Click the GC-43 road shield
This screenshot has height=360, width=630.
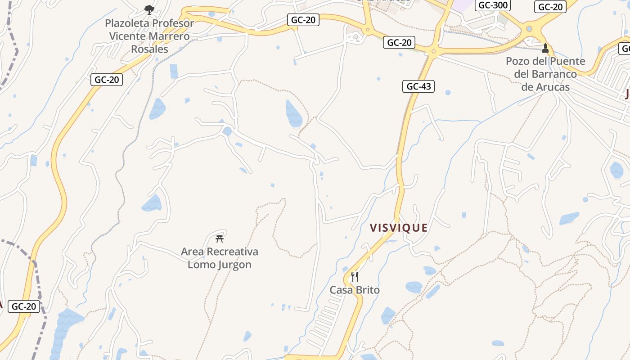coord(418,86)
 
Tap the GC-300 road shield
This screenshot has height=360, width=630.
coord(493,5)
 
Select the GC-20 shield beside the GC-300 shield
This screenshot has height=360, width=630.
coord(550,7)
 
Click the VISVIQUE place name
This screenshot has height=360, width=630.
coord(398,228)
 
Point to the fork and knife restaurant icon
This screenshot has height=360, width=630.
coord(355,276)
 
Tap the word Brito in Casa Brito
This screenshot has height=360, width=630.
coord(367,290)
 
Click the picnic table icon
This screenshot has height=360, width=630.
coord(220,238)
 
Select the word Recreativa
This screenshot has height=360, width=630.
coord(232,252)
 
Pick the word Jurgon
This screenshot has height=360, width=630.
coord(234,265)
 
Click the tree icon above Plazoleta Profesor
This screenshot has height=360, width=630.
coord(149,9)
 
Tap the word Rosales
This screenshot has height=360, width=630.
coord(149,49)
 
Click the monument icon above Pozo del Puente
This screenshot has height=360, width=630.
coord(545,48)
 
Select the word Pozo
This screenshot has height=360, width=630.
coord(518,61)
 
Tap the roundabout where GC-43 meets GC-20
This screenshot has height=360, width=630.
coord(434,51)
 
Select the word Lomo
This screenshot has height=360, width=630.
coord(201,265)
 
